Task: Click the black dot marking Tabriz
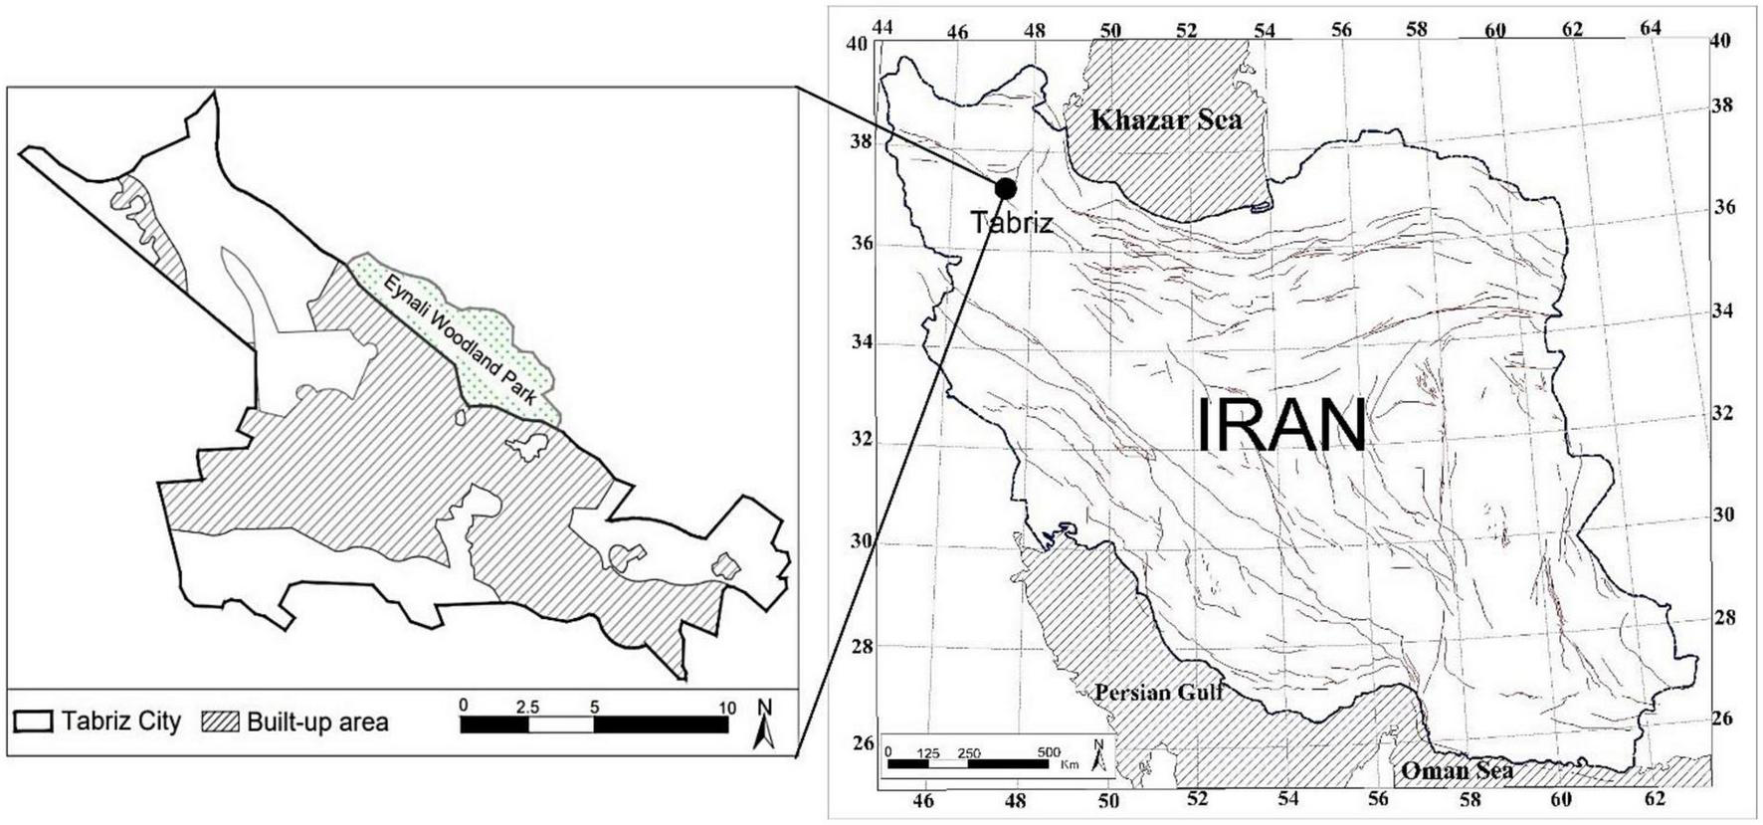(1005, 188)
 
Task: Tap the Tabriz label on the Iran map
(1011, 222)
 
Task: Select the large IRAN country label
(1280, 425)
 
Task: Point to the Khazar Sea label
(1166, 120)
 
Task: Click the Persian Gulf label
(1159, 692)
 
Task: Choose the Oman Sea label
(1458, 770)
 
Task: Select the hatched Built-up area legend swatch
(220, 722)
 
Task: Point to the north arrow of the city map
(764, 723)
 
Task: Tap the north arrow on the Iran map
(1098, 756)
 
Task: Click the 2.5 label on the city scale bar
(527, 708)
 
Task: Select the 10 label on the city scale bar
(727, 708)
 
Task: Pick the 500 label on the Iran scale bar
(1049, 752)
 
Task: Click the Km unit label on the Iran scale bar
(1070, 764)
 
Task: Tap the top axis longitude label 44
(881, 27)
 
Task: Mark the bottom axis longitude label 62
(1655, 797)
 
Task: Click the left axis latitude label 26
(863, 742)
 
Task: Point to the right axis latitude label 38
(1721, 105)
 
